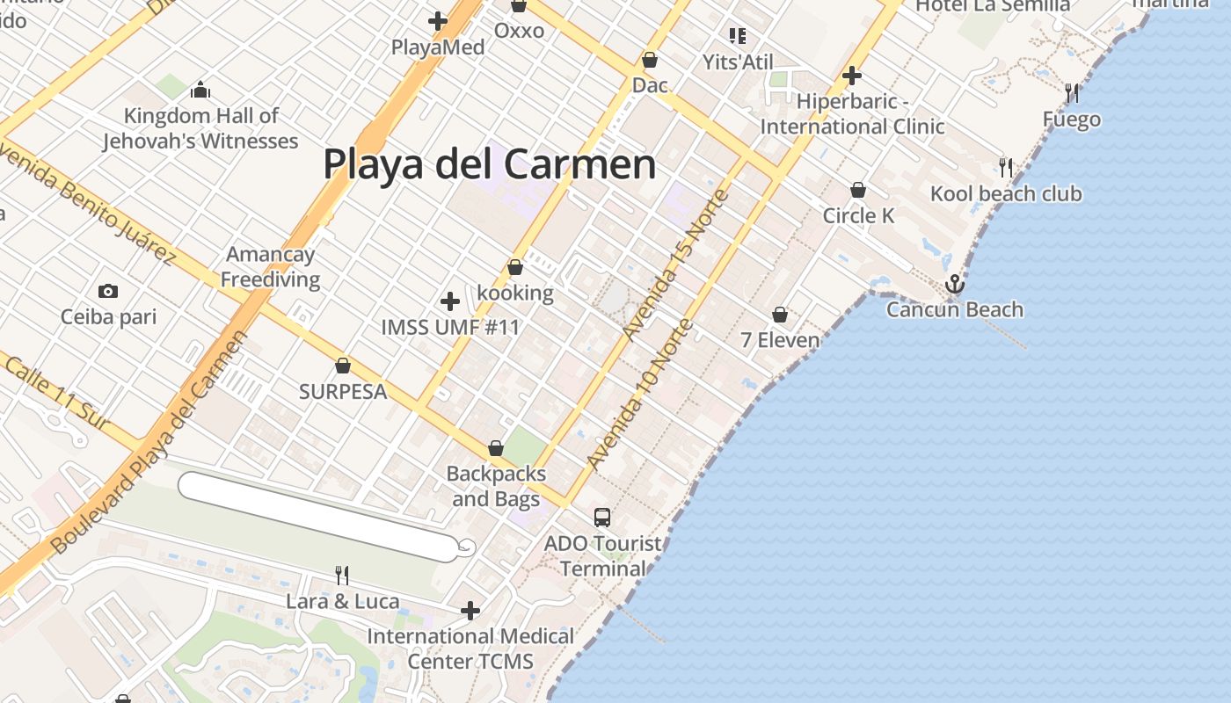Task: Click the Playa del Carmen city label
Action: tap(490, 164)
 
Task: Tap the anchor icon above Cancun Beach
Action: tap(954, 284)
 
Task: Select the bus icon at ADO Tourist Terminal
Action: tap(601, 518)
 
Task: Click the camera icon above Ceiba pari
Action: tap(108, 291)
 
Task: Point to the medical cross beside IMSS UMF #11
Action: tap(449, 301)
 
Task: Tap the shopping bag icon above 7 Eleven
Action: tap(779, 315)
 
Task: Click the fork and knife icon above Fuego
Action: tap(1072, 93)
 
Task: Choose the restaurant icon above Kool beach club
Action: tap(1006, 167)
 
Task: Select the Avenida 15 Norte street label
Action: tap(675, 265)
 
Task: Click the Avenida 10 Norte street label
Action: tap(640, 395)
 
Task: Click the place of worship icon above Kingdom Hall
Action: tap(200, 90)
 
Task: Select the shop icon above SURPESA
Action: tap(343, 366)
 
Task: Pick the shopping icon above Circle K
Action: tap(858, 190)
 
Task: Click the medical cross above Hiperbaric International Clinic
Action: tap(851, 76)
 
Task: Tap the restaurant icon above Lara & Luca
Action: tap(342, 576)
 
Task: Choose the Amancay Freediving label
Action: tap(271, 267)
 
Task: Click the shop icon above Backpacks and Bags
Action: tap(495, 448)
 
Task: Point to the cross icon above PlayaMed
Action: tap(437, 21)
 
